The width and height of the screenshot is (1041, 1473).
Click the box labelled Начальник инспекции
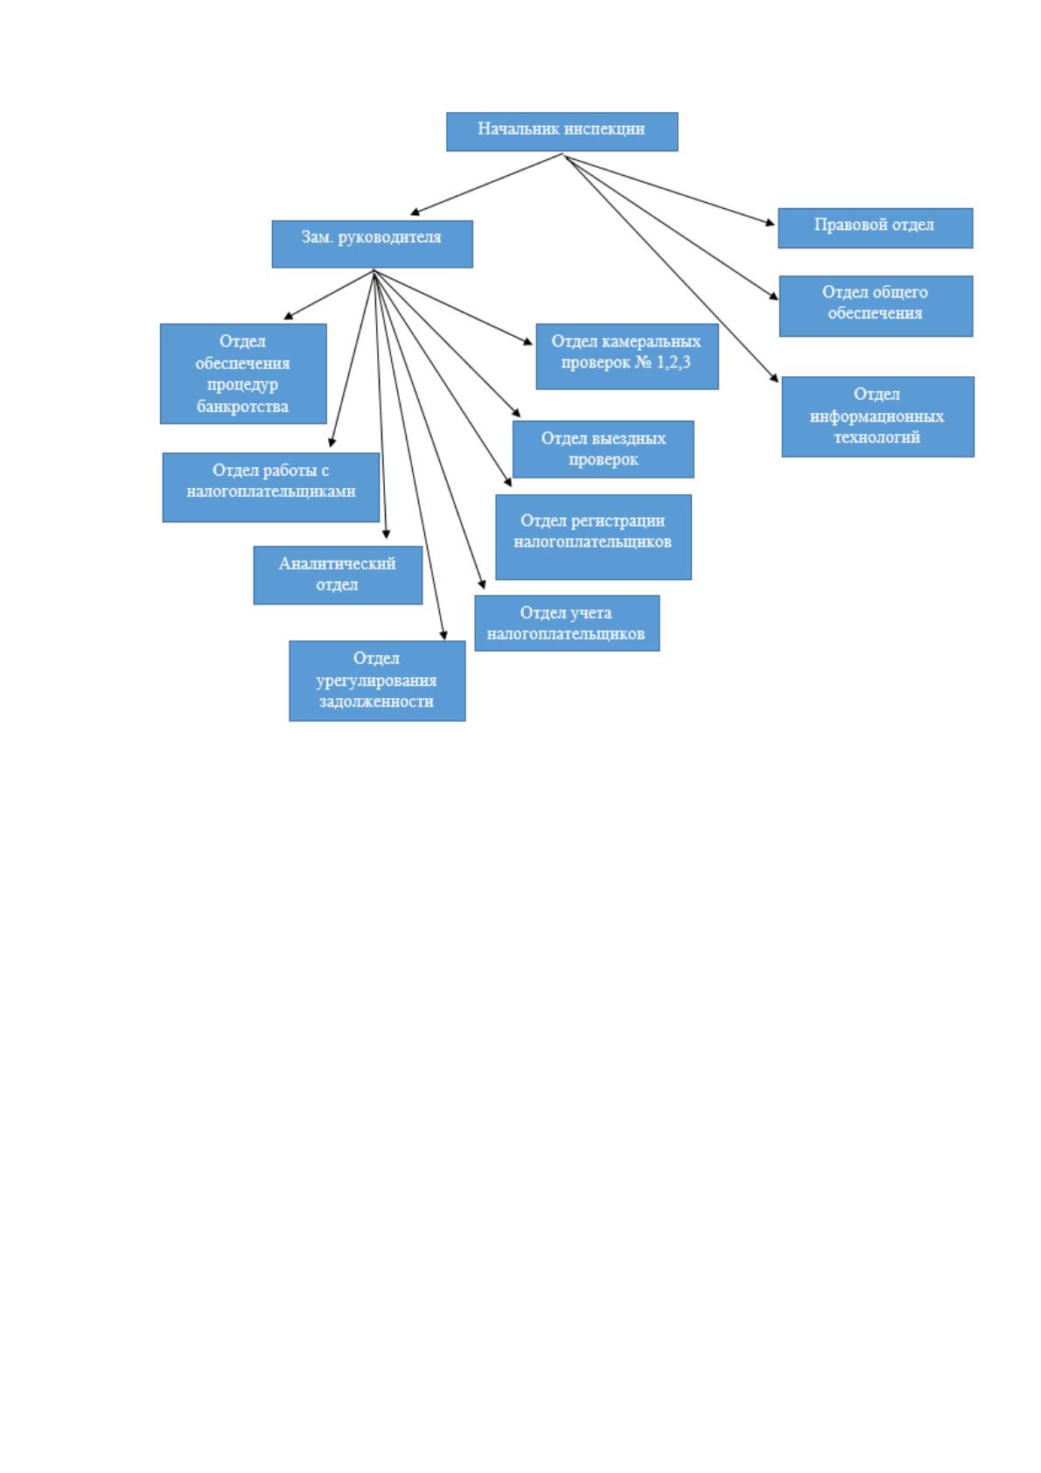coord(562,131)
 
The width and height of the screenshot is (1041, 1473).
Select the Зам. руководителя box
coord(372,244)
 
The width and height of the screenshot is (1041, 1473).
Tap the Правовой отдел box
coord(876,228)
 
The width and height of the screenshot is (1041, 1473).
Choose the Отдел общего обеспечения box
coord(876,306)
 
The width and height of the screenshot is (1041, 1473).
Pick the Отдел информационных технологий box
coord(878,416)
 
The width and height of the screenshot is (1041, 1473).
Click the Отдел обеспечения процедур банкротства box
coord(243,373)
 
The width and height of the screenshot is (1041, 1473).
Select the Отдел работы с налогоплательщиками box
coord(271,487)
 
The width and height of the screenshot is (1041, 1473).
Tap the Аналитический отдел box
coord(338,575)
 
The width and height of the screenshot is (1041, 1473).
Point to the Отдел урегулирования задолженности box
coord(377,681)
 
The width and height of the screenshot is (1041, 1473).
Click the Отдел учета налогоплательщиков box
coord(567,624)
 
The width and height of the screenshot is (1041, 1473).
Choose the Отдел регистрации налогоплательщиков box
coord(593,537)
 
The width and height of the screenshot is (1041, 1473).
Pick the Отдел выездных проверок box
coord(603,449)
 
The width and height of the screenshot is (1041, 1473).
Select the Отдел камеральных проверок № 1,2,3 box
coord(627,356)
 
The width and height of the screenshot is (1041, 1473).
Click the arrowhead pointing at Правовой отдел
coord(770,223)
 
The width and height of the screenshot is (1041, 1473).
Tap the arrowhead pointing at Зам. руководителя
coord(415,212)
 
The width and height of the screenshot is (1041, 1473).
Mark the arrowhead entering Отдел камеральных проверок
coord(527,340)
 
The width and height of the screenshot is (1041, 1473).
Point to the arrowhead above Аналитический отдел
coord(386,534)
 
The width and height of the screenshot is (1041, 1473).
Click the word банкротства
coord(242,407)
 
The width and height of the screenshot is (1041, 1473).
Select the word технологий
coord(877,437)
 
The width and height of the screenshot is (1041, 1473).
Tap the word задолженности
coord(376,702)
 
